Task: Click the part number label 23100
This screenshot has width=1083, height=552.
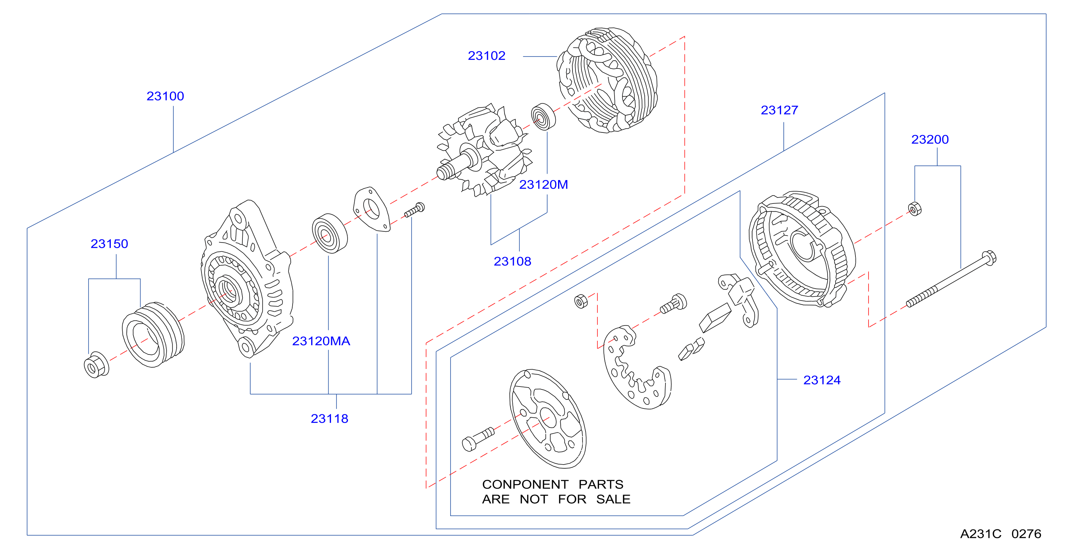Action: click(165, 96)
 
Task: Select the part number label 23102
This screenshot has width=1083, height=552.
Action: click(486, 55)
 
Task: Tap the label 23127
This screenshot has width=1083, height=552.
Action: click(780, 110)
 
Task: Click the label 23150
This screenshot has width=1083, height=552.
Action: click(109, 244)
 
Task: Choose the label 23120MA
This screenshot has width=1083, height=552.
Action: click(321, 341)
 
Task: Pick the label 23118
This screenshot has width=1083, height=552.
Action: click(330, 418)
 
